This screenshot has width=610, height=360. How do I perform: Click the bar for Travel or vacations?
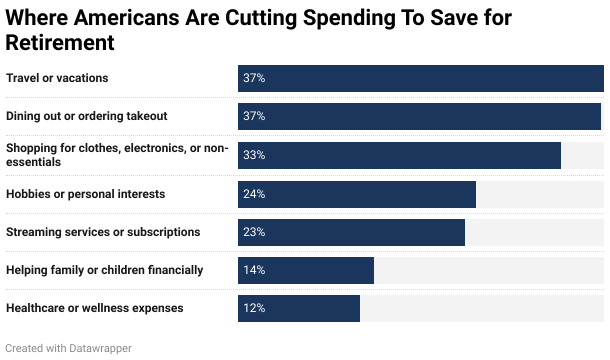(420, 78)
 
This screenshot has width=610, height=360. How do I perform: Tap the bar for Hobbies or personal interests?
(356, 194)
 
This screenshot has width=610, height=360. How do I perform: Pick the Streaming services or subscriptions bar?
(351, 232)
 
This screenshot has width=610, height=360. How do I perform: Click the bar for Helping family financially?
(305, 270)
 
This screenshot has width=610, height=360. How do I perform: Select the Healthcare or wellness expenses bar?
(298, 308)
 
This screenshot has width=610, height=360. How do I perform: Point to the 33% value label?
(254, 155)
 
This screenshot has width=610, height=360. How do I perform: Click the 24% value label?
(254, 194)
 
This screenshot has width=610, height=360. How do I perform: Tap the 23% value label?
(254, 232)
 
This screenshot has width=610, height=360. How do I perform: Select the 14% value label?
(254, 270)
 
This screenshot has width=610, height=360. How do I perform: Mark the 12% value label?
(254, 308)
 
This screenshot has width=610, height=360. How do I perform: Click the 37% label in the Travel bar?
(254, 78)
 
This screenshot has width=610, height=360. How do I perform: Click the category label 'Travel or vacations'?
(57, 78)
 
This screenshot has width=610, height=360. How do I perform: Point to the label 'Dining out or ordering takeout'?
(86, 116)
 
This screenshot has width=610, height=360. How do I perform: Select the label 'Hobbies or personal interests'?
(85, 194)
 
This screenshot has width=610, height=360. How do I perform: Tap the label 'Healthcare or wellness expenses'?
(94, 308)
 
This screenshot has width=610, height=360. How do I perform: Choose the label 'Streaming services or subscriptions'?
(103, 232)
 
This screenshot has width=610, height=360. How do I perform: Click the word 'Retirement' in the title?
(60, 42)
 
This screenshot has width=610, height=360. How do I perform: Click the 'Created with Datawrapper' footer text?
(68, 348)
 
